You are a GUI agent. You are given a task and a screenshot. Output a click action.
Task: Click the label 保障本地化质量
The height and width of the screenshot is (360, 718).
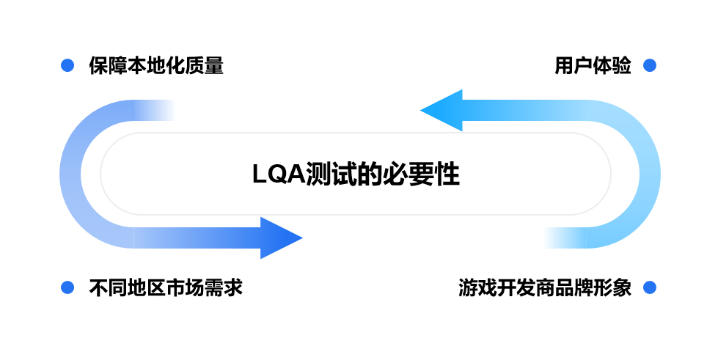(155, 66)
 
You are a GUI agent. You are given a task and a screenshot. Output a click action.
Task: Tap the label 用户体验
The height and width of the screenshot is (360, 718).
(593, 66)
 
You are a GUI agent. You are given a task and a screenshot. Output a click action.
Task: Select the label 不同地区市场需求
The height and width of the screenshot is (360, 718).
(165, 287)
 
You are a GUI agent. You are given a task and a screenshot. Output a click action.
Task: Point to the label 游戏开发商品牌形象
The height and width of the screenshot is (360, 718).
(545, 287)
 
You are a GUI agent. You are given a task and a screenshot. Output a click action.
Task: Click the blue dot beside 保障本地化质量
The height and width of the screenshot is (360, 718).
(67, 66)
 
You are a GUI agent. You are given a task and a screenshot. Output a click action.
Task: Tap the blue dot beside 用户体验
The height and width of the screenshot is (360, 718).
(649, 66)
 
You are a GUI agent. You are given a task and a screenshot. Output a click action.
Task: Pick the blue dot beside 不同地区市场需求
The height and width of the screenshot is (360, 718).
(67, 287)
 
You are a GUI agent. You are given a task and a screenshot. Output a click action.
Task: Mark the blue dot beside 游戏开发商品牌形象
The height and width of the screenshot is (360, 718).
(649, 287)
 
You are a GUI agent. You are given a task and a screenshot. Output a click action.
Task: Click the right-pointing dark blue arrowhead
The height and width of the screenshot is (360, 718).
(282, 238)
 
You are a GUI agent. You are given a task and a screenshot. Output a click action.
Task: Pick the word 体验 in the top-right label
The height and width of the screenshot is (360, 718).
(612, 66)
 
